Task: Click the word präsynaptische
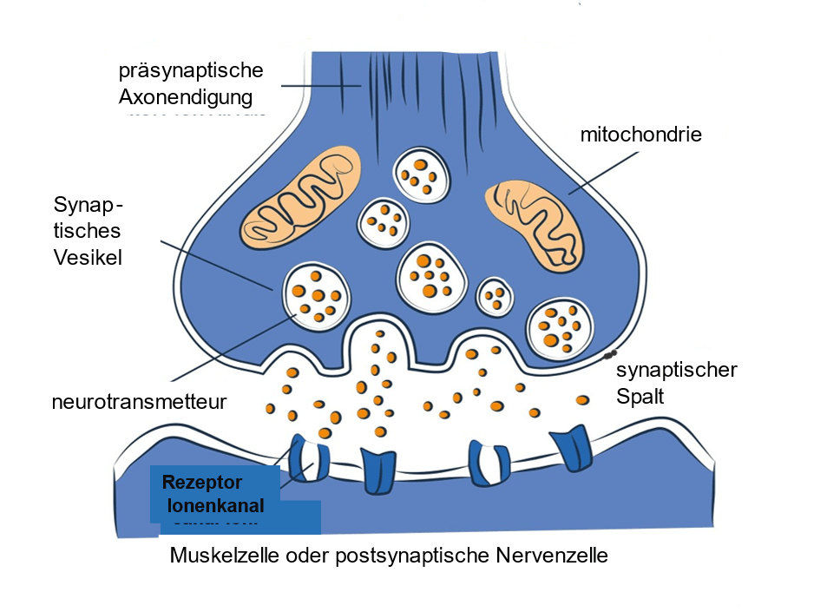[x=190, y=69]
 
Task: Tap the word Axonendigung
[x=186, y=96]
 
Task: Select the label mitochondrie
[x=640, y=135]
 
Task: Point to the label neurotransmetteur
[x=139, y=402]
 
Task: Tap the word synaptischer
[x=676, y=371]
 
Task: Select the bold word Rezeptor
[x=201, y=483]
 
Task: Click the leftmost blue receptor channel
[x=309, y=458]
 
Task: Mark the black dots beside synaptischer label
[x=610, y=353]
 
